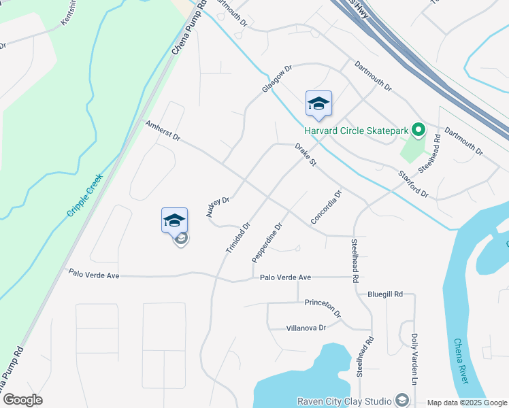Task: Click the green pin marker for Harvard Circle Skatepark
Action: [419, 129]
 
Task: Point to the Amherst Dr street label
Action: [163, 131]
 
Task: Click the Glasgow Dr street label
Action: [277, 80]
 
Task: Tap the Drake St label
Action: [306, 154]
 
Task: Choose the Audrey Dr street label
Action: [218, 207]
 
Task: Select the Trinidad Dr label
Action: [238, 238]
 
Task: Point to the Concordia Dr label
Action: [325, 207]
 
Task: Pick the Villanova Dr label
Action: [304, 327]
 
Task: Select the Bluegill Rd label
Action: [385, 294]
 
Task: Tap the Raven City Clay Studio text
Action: [344, 401]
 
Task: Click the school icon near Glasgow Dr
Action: [318, 104]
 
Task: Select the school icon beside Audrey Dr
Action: [174, 220]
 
